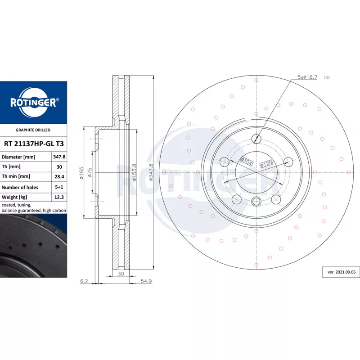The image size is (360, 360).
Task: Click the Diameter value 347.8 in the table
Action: pyautogui.click(x=59, y=157)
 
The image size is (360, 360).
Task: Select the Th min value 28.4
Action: pyautogui.click(x=59, y=176)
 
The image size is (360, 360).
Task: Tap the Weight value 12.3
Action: pyautogui.click(x=59, y=197)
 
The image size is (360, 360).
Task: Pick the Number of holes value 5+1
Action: pyautogui.click(x=59, y=187)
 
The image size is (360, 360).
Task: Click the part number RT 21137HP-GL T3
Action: pyautogui.click(x=34, y=144)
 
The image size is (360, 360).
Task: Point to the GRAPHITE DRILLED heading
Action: pyautogui.click(x=33, y=130)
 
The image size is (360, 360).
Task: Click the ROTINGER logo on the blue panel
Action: pyautogui.click(x=33, y=103)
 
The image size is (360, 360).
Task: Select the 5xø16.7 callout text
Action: pyautogui.click(x=307, y=77)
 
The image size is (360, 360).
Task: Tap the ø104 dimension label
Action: pyautogui.click(x=246, y=161)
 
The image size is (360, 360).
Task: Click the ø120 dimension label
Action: pyautogui.click(x=266, y=164)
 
